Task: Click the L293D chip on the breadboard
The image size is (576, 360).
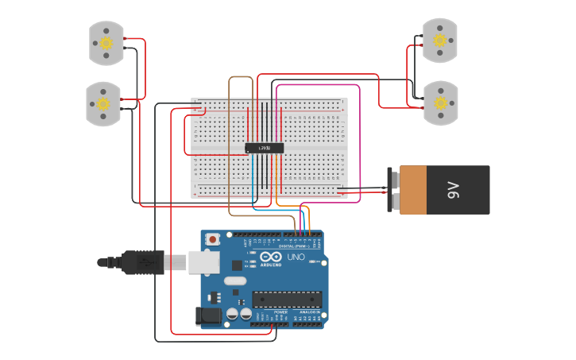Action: click(x=264, y=148)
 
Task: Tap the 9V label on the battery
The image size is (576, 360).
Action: click(x=453, y=190)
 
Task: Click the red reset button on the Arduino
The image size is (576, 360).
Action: click(x=212, y=238)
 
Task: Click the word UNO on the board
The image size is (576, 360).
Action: click(x=296, y=257)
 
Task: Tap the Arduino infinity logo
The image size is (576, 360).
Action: click(x=270, y=257)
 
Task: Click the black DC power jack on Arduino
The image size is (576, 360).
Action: click(x=209, y=315)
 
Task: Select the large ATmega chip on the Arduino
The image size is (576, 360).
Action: click(x=287, y=299)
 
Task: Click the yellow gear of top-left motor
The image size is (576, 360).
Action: click(x=106, y=43)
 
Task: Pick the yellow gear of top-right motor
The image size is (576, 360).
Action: click(x=439, y=40)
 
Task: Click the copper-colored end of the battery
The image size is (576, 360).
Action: click(x=413, y=190)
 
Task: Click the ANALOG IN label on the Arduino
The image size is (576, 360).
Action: click(x=308, y=312)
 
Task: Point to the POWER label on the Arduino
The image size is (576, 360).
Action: click(x=280, y=312)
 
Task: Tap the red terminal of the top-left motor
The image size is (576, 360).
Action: click(x=125, y=39)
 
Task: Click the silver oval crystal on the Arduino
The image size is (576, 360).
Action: click(x=235, y=281)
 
